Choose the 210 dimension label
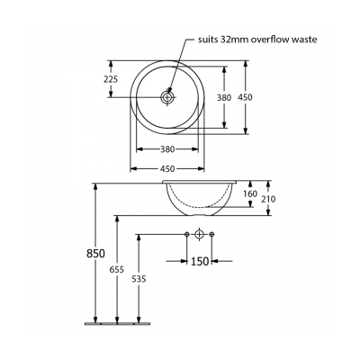point(269,200)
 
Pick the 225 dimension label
point(112,78)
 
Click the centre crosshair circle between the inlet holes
point(199,236)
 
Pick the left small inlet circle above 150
point(186,236)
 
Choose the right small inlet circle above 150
point(212,236)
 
